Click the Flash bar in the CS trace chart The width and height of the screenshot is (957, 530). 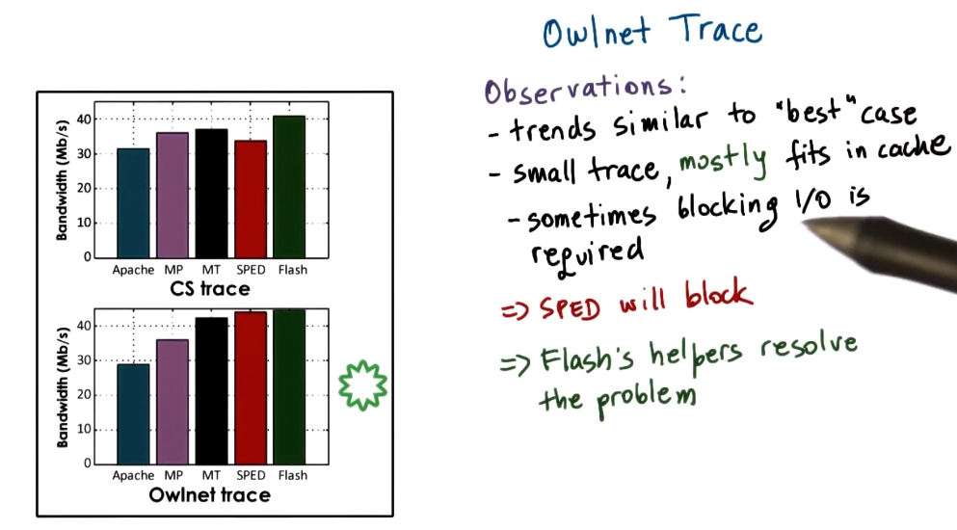pos(289,187)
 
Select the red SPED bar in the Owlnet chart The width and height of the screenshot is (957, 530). pos(251,387)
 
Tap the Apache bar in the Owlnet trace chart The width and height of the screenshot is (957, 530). pos(133,414)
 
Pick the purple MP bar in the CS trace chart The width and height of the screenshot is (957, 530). pos(173,196)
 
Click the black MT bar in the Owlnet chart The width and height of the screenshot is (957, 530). pos(211,391)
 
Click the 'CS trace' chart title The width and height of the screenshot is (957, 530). pos(210,289)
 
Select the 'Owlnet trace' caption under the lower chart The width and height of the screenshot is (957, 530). pos(209,494)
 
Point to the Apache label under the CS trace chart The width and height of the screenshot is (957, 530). pos(133,270)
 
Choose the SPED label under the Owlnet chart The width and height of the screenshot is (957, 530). pos(251,475)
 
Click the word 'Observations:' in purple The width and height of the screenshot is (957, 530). pos(585,90)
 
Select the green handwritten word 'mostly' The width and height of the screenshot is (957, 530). pos(723,161)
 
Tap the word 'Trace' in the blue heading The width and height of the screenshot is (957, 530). pos(715,29)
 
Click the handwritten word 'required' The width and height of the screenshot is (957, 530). pos(587,255)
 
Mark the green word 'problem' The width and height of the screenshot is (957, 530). pos(646,399)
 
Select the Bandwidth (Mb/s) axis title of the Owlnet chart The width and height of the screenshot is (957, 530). pos(63,386)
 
